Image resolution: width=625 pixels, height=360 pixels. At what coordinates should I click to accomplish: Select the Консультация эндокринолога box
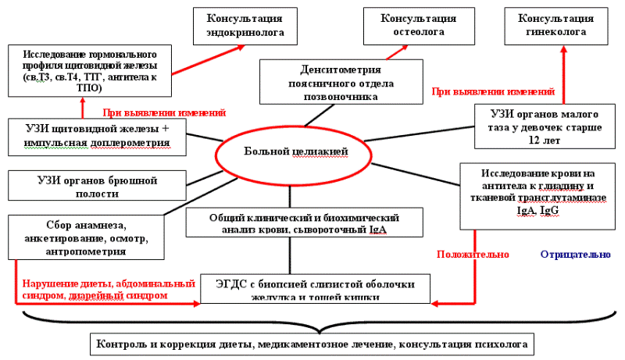(244, 26)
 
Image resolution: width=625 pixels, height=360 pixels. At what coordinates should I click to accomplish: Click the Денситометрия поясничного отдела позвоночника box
(337, 82)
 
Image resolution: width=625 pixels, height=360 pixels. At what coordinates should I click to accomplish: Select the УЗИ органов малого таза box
(544, 125)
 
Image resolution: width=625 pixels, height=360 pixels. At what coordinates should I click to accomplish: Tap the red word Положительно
(473, 255)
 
